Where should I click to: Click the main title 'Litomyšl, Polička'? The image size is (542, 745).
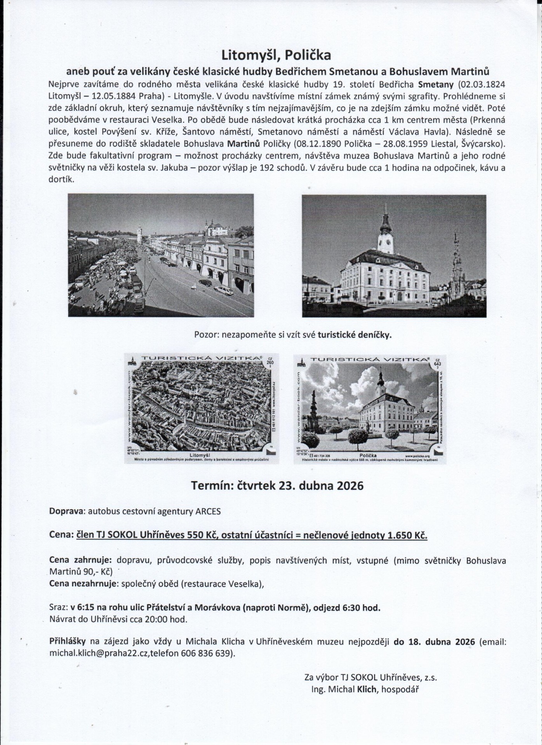[x=276, y=55]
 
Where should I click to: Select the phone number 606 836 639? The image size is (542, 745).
[x=212, y=653]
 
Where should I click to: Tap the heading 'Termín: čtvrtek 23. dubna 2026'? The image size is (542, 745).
[x=277, y=485]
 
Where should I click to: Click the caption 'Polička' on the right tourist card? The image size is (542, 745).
[x=368, y=455]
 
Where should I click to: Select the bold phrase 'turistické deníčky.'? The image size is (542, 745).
[x=354, y=335]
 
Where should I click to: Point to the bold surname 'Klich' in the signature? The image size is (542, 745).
[x=367, y=689]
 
